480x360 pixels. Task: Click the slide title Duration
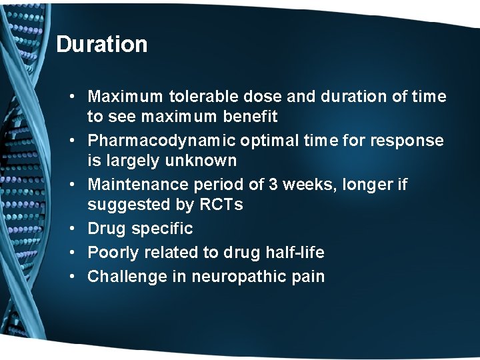click(101, 45)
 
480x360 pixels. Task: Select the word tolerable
click(197, 97)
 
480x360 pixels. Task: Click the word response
click(412, 141)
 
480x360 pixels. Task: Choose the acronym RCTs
click(221, 205)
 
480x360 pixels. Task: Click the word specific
click(162, 229)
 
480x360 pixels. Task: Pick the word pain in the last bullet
click(309, 276)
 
